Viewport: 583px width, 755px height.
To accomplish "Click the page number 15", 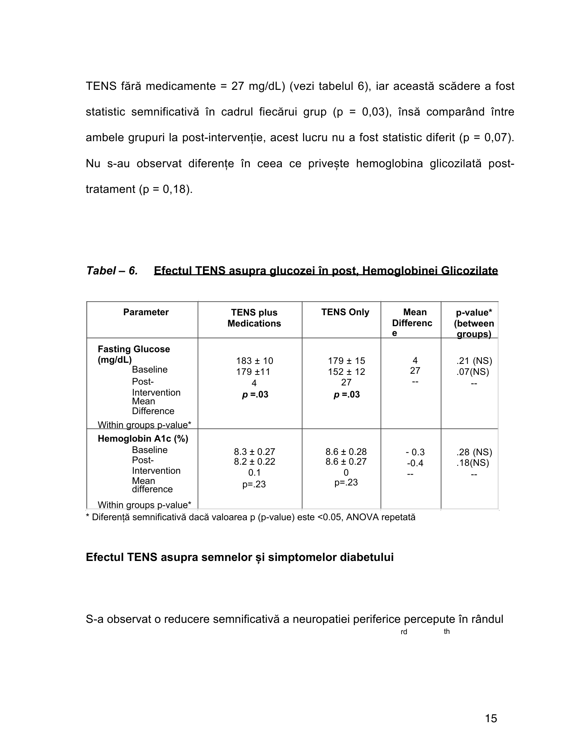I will pos(491,718).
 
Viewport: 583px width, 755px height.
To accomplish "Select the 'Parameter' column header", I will pos(146,312).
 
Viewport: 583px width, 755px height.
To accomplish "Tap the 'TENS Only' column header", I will pos(345,312).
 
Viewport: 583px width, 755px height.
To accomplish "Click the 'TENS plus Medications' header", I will pos(254,318).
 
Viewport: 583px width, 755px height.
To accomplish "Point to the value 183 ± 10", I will pos(254,361).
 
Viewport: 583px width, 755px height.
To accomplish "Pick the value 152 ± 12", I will pos(346,372).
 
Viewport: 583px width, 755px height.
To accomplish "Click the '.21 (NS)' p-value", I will pos(474,361).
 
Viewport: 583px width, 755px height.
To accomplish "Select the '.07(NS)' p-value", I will pos(472,372).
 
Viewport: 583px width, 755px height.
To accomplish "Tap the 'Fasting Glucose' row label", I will pos(134,349).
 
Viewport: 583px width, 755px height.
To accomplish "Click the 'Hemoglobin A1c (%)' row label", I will pos(143,439).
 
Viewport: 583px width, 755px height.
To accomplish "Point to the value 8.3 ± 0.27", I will pos(254,452).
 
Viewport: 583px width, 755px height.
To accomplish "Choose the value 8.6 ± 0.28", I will pos(346,452).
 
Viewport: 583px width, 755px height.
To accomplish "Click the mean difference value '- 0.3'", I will pos(415,452).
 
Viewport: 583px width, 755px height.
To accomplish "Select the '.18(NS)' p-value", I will pos(472,463).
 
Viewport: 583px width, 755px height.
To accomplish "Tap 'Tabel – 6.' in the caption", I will pos(112,271).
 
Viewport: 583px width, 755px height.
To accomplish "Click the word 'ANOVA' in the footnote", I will pos(363,517).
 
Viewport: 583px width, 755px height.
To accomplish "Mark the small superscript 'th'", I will pos(447,632).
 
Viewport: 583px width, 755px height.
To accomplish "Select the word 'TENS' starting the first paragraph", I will pos(100,86).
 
